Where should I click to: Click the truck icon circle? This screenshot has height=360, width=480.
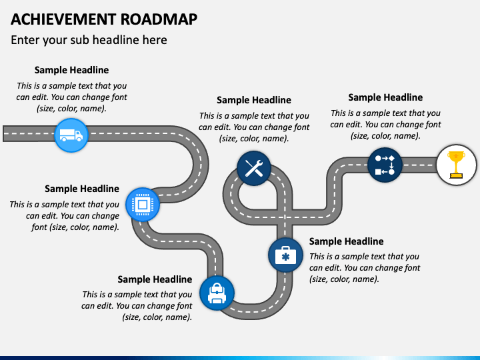point(71,135)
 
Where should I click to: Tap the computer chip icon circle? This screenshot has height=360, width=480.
point(143,205)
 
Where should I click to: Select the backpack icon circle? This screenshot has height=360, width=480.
point(217,293)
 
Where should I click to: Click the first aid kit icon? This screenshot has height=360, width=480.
point(285,255)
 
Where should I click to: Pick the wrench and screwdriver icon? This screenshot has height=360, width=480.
point(254,169)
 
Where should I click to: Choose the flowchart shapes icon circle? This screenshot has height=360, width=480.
point(385,165)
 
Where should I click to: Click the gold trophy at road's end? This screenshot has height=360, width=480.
point(456,165)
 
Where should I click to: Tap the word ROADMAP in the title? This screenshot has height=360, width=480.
point(159,19)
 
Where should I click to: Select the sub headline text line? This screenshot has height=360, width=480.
point(89,40)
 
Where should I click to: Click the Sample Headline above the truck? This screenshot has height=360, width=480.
point(71,70)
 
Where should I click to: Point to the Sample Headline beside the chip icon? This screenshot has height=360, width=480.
point(82,189)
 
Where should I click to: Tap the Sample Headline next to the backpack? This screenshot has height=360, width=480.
point(155,279)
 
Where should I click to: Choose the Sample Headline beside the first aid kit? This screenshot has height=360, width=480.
point(346,241)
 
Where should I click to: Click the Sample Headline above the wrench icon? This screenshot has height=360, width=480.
point(254,100)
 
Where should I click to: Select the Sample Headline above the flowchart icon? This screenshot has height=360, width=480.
point(385,97)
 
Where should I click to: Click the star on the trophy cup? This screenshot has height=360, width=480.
point(456,156)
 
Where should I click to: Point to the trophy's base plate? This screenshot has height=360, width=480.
point(456,176)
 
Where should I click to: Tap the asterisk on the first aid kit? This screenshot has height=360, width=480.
point(285,257)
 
